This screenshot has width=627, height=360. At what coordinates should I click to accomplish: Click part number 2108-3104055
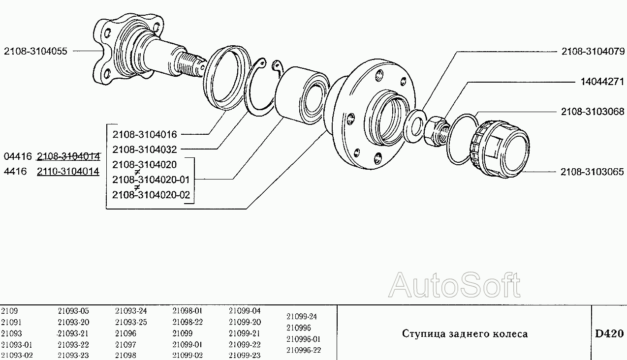[35, 51]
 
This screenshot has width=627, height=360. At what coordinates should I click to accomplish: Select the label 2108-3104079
[593, 51]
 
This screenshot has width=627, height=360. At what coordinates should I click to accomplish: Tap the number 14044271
[602, 82]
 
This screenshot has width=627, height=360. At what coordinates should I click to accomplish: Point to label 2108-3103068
[593, 112]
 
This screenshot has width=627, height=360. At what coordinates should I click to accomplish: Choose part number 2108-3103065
[592, 172]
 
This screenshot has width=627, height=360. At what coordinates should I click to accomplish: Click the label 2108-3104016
[145, 135]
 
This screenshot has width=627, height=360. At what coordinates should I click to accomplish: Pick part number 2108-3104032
[145, 150]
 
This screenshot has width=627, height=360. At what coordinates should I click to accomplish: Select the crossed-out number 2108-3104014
[68, 156]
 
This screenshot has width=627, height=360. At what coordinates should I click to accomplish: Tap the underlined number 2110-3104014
[68, 171]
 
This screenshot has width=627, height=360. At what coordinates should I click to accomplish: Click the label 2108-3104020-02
[151, 195]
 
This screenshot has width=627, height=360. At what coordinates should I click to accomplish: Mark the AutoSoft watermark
[454, 285]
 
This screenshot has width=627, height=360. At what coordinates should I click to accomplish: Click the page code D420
[609, 334]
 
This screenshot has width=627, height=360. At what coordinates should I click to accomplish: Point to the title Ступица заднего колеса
[465, 334]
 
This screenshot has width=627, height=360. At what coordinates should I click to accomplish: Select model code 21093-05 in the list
[73, 311]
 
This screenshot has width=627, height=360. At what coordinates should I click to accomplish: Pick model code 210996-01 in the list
[304, 339]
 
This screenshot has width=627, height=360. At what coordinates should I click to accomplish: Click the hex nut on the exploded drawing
[436, 131]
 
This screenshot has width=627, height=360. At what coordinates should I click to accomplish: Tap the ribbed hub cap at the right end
[500, 150]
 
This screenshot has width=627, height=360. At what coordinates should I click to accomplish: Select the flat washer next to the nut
[415, 126]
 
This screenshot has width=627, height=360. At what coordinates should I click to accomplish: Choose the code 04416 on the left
[18, 156]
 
